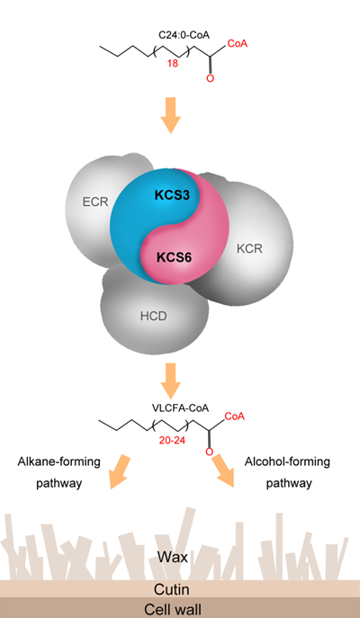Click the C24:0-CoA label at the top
(184, 35)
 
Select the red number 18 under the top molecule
(172, 64)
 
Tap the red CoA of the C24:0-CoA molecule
(238, 43)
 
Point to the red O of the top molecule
(211, 78)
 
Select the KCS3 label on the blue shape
(172, 195)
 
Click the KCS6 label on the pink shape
(174, 258)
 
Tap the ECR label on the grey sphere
(95, 202)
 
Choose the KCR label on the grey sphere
(249, 248)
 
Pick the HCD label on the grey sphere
(154, 317)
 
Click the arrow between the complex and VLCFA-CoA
(170, 381)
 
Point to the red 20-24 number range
(172, 441)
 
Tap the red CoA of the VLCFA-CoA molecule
(235, 416)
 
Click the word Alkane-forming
(58, 461)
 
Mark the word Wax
(172, 557)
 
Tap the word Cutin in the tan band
(172, 589)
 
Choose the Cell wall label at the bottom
(172, 609)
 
